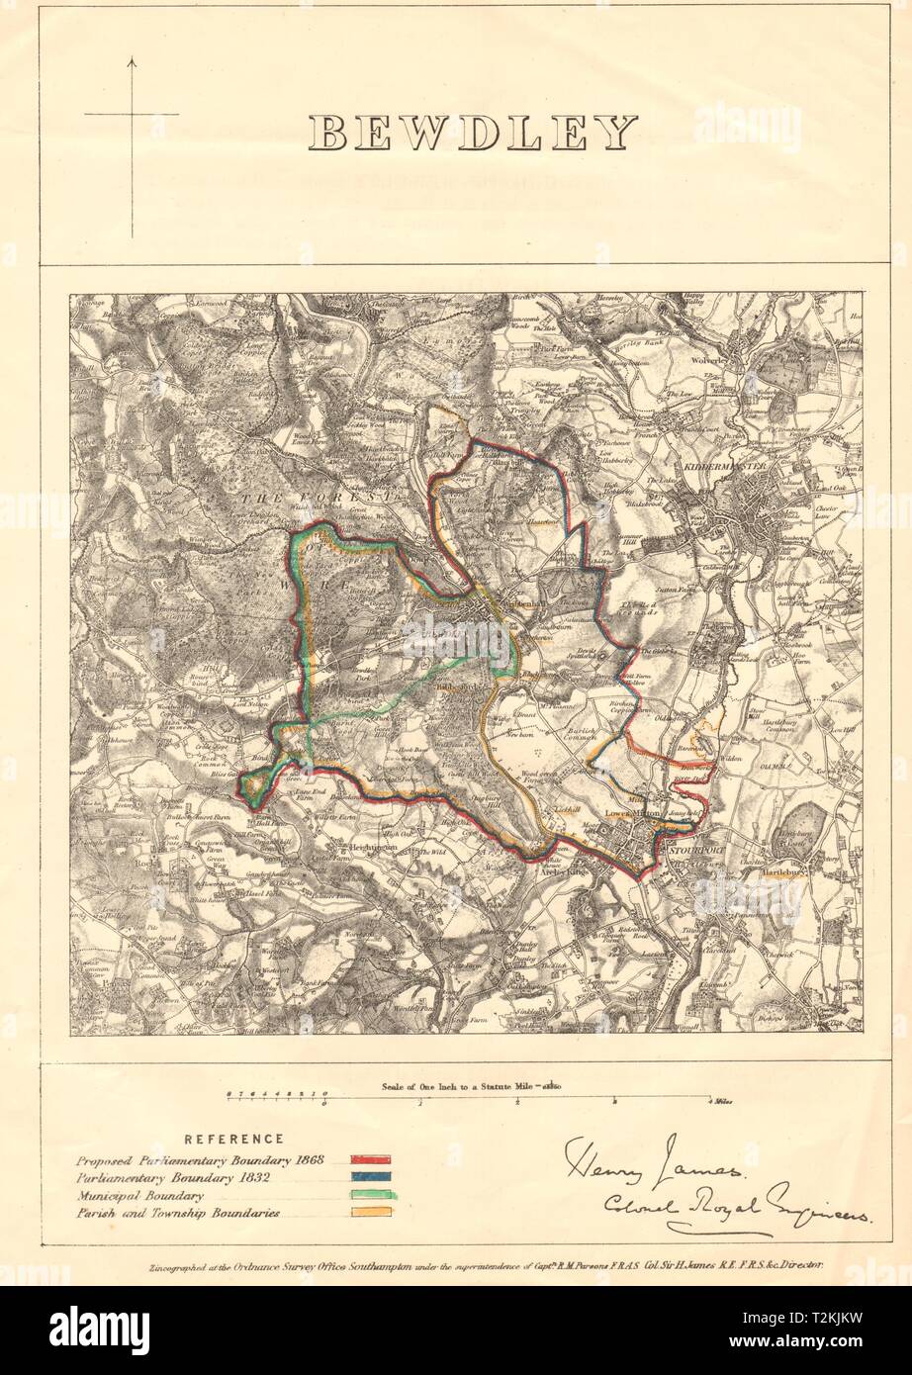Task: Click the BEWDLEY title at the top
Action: [473, 134]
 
